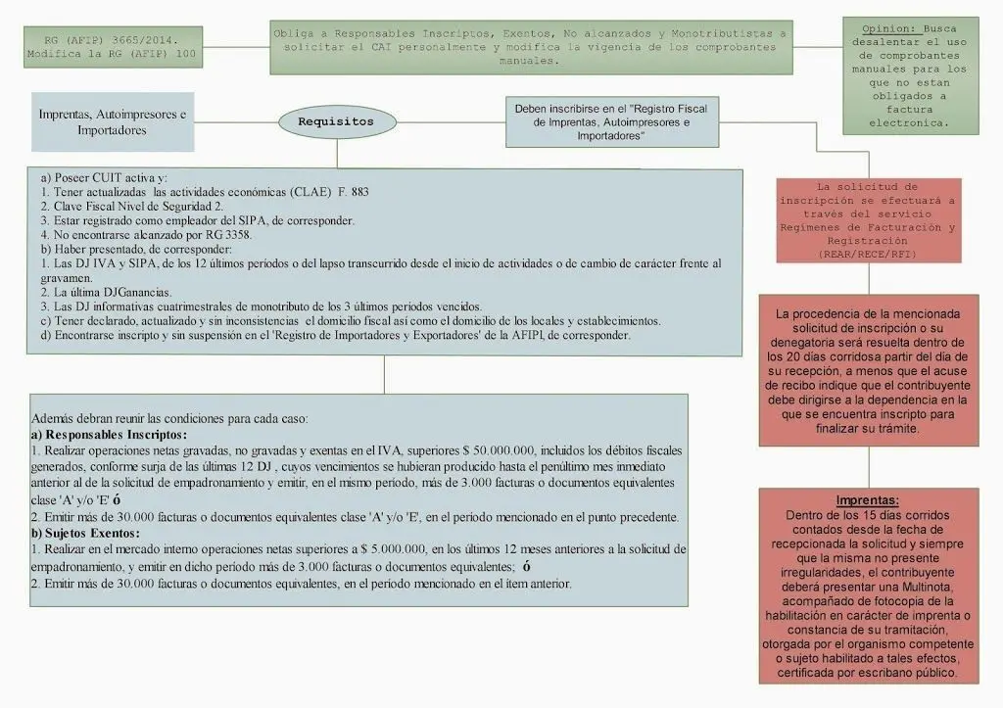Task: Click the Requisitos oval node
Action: coord(335,121)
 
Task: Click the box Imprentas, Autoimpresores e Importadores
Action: coord(112,121)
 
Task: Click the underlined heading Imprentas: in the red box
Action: coord(868,501)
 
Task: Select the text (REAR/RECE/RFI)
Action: coord(869,254)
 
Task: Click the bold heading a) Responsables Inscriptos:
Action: coord(109,434)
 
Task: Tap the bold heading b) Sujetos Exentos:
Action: coord(85,534)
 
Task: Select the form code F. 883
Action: coord(353,192)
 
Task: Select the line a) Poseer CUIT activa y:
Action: coord(105,178)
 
